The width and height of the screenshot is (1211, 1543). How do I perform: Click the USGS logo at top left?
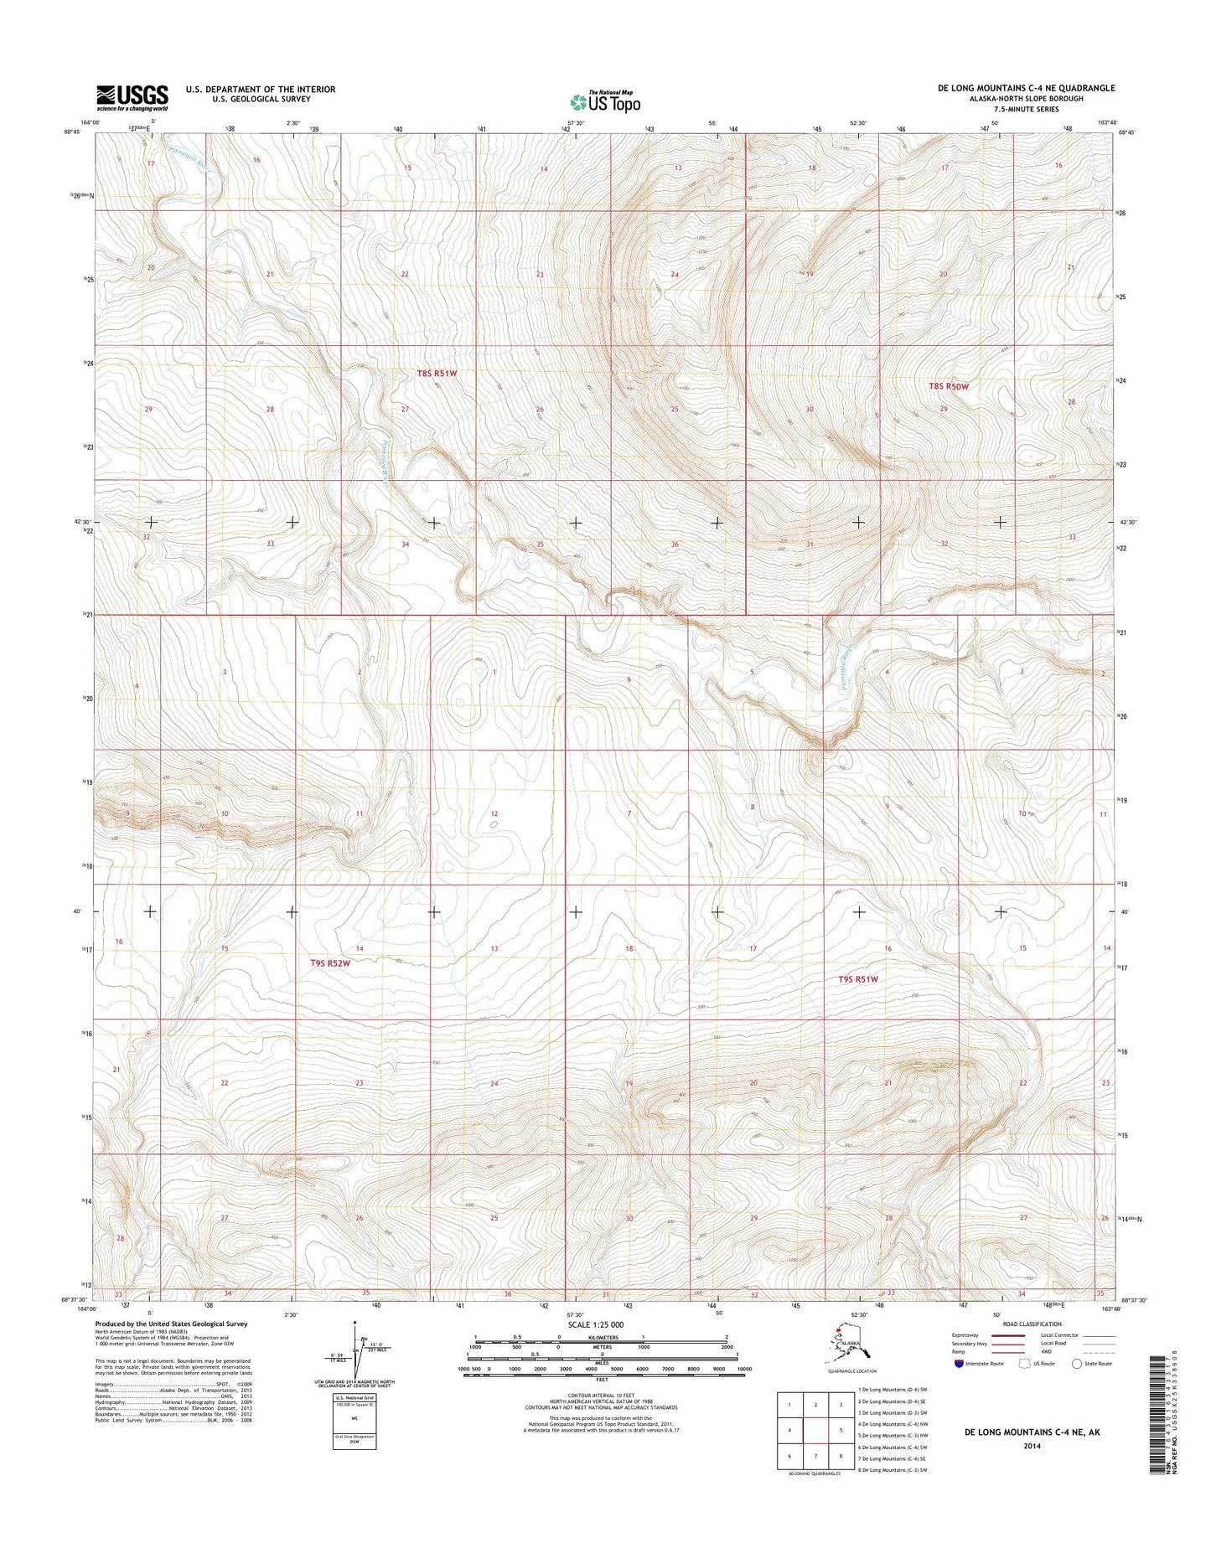click(x=132, y=97)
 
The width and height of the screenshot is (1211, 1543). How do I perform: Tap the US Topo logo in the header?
click(x=605, y=101)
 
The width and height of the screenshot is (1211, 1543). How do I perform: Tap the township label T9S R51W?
click(x=858, y=979)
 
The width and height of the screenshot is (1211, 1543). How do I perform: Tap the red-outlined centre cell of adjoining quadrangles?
click(x=815, y=1431)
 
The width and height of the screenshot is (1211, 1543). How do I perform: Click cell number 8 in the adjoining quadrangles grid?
click(x=841, y=1456)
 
